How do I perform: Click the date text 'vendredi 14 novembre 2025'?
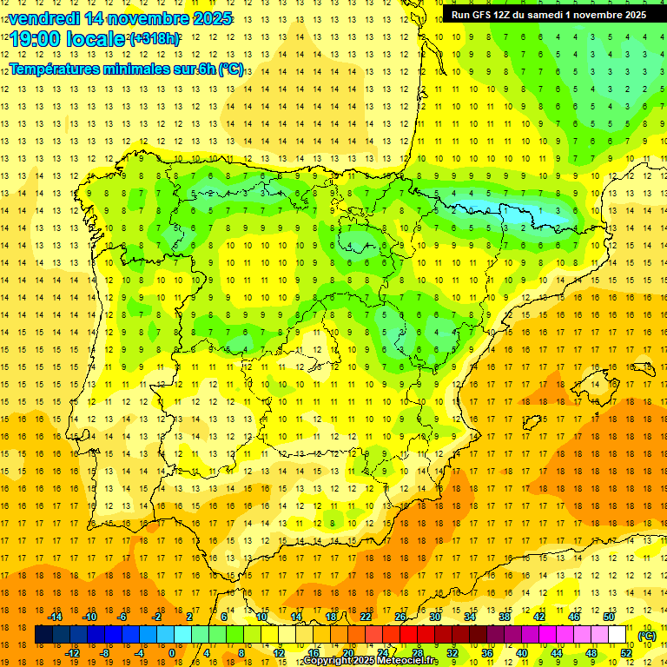[120, 18]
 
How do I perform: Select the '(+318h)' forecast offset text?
[155, 38]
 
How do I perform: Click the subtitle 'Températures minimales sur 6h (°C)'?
[126, 69]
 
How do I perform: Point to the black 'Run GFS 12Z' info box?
[548, 14]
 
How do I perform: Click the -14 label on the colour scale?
[56, 617]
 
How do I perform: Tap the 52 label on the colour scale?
[626, 653]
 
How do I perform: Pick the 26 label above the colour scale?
[400, 617]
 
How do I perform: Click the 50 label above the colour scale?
[609, 617]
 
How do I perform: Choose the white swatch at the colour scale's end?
[617, 635]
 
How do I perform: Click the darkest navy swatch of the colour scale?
[43, 635]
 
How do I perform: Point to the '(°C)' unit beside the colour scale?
[647, 635]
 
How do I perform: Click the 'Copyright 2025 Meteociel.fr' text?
[370, 661]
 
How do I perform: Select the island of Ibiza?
[532, 422]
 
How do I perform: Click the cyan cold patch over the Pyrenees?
[486, 208]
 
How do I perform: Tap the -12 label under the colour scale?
[72, 653]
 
